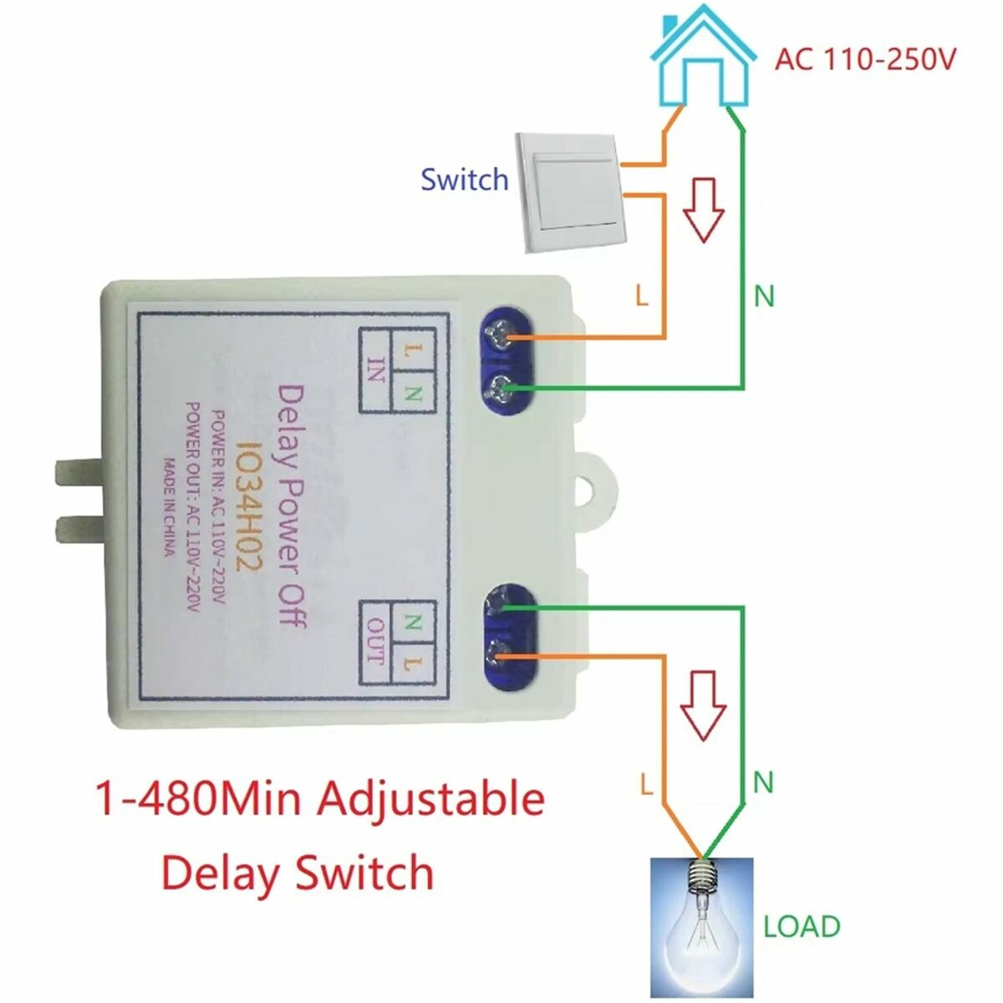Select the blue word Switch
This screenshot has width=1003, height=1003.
464,180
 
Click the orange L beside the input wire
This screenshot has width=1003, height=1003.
642,296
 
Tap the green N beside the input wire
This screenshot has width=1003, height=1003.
764,296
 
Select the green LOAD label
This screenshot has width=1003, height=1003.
801,926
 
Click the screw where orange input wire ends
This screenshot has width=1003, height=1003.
501,338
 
